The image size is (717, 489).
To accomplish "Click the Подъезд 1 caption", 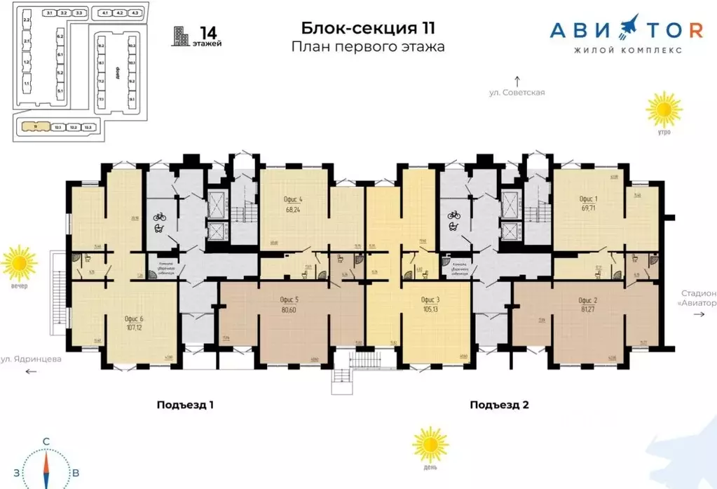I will tap(185, 405).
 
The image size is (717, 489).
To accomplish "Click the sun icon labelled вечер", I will tap(19, 264).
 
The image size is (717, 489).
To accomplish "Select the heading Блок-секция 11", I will tap(368, 28).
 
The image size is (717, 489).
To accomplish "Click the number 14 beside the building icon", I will tap(207, 32).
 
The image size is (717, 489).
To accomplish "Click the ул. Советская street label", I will tap(517, 92).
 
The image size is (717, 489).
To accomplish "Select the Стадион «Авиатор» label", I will tap(698, 298).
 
